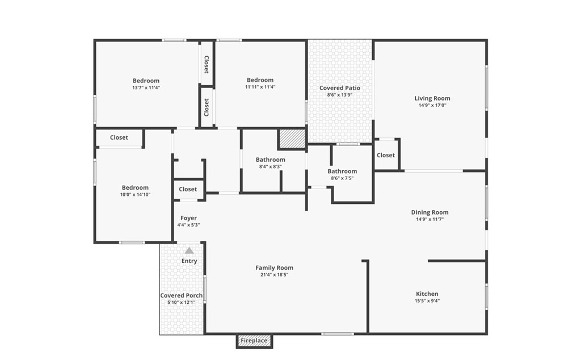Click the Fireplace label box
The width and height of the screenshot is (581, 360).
pos(254,341)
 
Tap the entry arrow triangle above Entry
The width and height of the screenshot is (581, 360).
pos(189,250)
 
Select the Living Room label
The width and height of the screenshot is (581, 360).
pos(432,98)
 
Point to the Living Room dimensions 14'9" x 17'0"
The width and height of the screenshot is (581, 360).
pos(432,105)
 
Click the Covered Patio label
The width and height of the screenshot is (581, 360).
pos(340,88)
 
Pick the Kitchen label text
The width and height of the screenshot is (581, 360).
pos(427,294)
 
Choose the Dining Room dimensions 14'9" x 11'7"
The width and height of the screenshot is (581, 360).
pos(430,219)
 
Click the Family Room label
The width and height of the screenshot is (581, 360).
pos(274,267)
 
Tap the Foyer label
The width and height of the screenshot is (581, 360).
pos(188,218)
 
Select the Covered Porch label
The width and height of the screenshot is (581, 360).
pos(181,295)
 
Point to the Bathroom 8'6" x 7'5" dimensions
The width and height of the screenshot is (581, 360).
pos(342,178)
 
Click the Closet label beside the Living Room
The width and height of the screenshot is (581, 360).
pos(386,155)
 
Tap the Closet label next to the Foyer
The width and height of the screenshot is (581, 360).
pos(188,189)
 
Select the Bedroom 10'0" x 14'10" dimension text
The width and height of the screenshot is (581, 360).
pos(135,195)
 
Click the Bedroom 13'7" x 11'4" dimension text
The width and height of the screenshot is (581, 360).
pos(146,88)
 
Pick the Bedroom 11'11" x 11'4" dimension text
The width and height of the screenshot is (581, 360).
pos(260,87)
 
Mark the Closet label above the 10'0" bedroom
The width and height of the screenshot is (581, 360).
pos(119,137)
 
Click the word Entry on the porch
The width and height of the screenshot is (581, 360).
pos(189,261)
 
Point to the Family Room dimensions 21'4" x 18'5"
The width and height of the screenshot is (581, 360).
pos(274,275)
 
